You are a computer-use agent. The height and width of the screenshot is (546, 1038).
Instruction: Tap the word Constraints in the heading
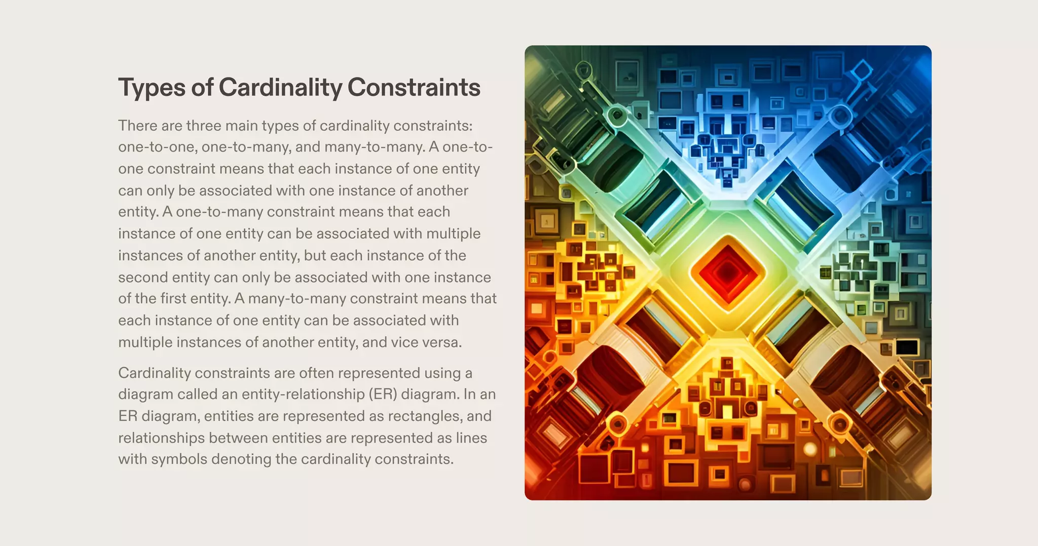point(414,87)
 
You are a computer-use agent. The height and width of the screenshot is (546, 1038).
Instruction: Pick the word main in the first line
point(245,125)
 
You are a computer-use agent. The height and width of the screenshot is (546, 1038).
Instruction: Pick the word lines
point(471,438)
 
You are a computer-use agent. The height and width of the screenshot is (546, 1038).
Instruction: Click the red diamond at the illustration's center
point(728,273)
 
